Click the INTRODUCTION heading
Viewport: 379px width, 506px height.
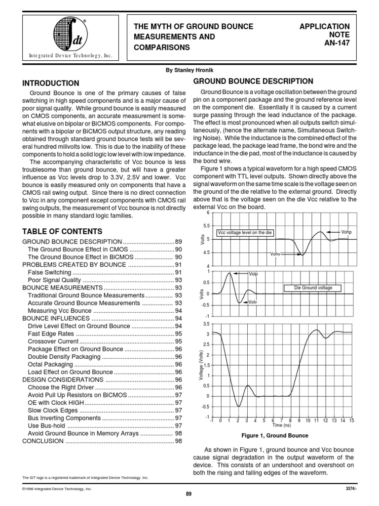51,84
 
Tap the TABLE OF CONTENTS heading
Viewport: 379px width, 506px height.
62,231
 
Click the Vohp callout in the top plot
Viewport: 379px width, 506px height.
347,231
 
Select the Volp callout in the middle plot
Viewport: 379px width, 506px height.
253,274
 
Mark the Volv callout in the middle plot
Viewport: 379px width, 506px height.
253,302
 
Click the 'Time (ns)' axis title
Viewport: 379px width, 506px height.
281,425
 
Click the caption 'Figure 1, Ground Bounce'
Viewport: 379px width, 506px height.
274,435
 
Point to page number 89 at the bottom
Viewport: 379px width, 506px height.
189,494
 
